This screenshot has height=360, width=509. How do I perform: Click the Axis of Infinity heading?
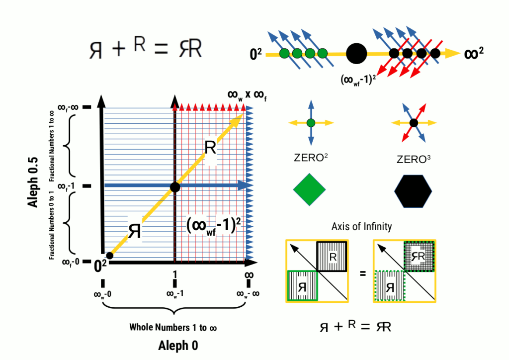point(361,227)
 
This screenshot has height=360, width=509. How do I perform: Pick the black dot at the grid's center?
point(174,187)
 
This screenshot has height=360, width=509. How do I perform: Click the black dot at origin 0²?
point(110,256)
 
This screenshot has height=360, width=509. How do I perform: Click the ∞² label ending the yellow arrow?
point(474,53)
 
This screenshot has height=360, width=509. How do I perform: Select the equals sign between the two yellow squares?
point(362,272)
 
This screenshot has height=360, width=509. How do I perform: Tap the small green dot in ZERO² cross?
point(311,122)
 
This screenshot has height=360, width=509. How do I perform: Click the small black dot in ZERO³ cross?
point(414,122)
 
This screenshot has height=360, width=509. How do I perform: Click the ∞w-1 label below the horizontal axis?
point(174,294)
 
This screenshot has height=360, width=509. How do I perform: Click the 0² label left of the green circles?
point(256,54)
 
